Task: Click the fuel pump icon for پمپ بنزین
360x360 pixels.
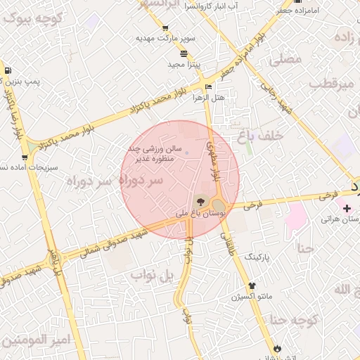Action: pyautogui.click(x=7, y=70)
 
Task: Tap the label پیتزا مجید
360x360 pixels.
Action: pyautogui.click(x=184, y=64)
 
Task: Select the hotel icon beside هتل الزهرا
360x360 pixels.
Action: pyautogui.click(x=207, y=87)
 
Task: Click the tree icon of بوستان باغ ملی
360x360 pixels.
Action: pyautogui.click(x=201, y=202)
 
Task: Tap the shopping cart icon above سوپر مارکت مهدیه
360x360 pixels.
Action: pyautogui.click(x=165, y=29)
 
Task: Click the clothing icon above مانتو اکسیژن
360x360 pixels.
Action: pyautogui.click(x=252, y=285)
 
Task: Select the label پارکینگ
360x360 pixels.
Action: pyautogui.click(x=257, y=258)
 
